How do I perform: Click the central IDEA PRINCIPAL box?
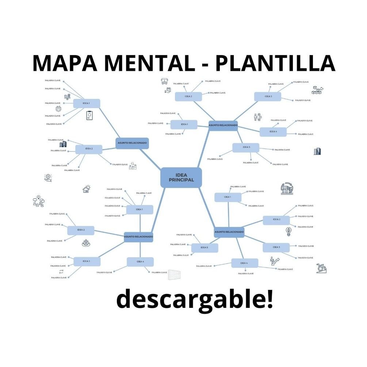[x=181, y=177]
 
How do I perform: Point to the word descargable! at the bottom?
[x=194, y=299]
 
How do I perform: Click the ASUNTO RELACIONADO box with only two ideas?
[x=132, y=143]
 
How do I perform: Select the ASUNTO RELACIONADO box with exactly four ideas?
[x=138, y=237]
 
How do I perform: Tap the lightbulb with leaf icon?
[x=288, y=231]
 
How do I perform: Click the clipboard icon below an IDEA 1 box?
[x=89, y=116]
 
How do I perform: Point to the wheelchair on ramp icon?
[x=321, y=268]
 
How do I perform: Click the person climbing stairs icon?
[x=274, y=260]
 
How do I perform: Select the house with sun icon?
[x=86, y=189]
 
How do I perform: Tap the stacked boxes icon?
[x=317, y=90]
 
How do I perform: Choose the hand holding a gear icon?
[x=48, y=177]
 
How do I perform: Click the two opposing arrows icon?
[x=61, y=271]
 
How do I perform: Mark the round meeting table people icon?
[x=86, y=242]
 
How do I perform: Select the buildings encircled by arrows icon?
[x=287, y=188]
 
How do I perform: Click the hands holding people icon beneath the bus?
[x=168, y=89]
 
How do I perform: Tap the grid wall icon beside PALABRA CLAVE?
[x=175, y=275]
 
